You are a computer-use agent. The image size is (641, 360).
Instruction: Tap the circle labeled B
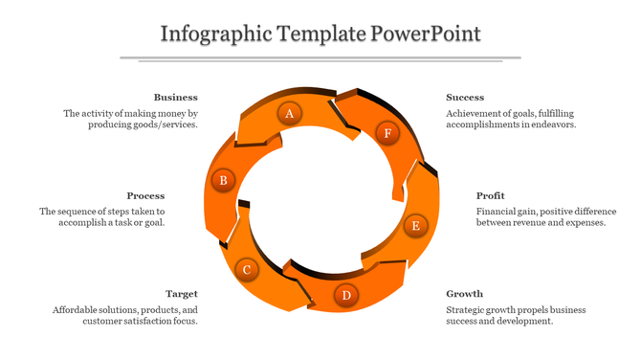223,179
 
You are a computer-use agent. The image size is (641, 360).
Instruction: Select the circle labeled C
246,270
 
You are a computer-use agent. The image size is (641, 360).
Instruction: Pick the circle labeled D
346,295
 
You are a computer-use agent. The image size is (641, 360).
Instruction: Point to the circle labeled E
415,226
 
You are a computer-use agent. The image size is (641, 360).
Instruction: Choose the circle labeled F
387,133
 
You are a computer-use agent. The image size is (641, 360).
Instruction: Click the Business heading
176,97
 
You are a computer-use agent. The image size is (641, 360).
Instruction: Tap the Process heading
145,195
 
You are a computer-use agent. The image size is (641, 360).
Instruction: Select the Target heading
182,294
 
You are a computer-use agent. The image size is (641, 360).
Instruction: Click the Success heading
465,97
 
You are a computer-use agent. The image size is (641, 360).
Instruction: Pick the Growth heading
464,294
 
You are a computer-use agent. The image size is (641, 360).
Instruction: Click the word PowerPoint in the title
428,35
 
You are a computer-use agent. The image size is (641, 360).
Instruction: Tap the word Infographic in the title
216,35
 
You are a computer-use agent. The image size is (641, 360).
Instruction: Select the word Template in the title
322,35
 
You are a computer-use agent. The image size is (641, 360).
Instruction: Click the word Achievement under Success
476,113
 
